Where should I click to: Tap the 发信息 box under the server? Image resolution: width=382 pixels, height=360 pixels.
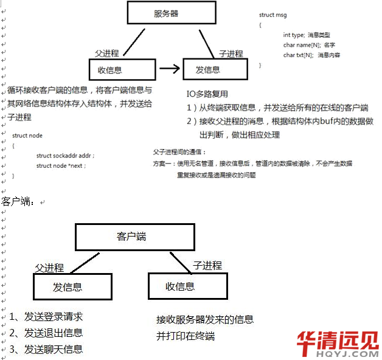click(215, 69)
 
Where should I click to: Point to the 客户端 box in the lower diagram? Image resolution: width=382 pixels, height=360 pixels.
click(135, 237)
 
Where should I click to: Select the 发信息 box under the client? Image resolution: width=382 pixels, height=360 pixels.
click(72, 286)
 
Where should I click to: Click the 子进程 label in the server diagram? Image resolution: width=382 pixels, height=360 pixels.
click(231, 54)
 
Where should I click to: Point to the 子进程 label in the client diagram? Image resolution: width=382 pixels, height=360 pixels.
click(207, 265)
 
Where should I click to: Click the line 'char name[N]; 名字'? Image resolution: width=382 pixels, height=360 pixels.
click(309, 45)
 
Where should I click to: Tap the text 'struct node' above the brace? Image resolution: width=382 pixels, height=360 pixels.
click(27, 136)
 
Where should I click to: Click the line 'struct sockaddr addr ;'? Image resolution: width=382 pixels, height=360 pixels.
click(65, 156)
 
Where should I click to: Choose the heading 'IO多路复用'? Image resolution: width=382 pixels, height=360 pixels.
click(207, 94)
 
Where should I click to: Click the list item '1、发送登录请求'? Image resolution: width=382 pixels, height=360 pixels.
click(47, 316)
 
